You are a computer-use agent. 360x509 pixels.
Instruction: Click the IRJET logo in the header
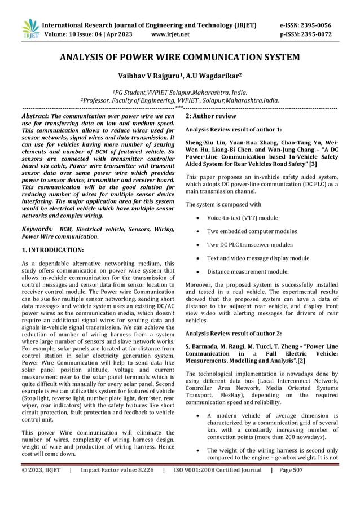(x=29, y=29)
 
